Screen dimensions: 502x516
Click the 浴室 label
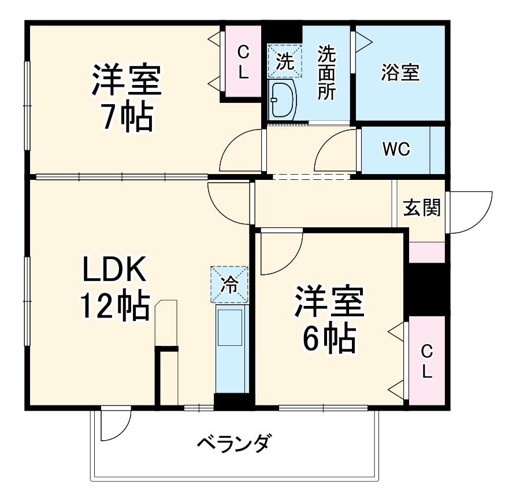point(400,73)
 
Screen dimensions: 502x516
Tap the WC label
point(396,149)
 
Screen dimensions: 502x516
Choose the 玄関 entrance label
point(422,207)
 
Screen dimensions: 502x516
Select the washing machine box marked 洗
point(284,61)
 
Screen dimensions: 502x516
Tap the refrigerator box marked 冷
point(229,284)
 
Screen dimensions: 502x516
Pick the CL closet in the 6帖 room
point(426,361)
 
